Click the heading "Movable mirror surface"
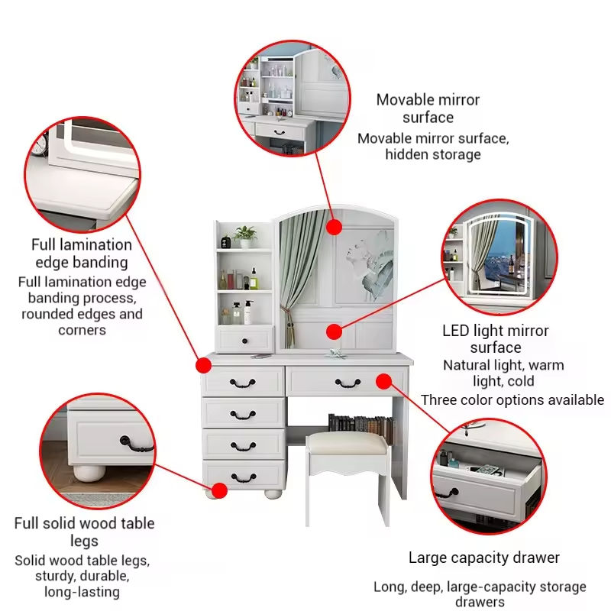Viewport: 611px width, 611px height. coord(428,108)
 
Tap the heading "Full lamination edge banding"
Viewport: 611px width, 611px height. coord(81,254)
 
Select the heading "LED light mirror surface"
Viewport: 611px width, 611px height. coord(496,339)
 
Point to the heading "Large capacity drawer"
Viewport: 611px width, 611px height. coord(483,558)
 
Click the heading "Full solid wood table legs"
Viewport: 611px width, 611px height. coord(84,532)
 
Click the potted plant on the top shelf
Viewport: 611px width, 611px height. coord(246,235)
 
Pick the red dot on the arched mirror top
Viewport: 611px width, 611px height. coord(334,227)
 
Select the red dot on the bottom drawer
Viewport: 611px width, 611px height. coord(219,490)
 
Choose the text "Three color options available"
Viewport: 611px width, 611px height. coord(512,400)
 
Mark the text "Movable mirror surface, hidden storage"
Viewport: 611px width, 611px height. coord(433,147)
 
